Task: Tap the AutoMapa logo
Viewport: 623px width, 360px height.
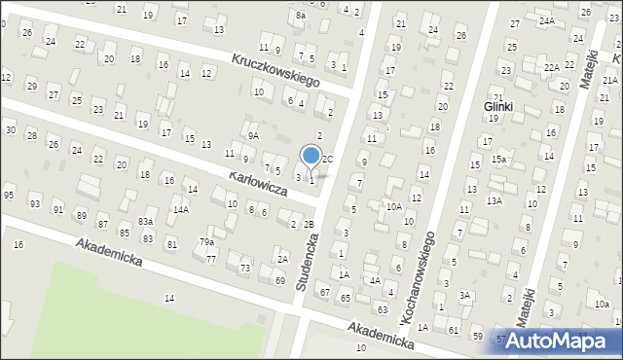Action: click(564, 341)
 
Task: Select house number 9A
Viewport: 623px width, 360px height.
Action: click(253, 136)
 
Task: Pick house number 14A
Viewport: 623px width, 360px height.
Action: click(181, 209)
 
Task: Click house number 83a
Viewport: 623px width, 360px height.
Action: click(145, 223)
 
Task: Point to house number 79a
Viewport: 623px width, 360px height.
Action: click(206, 241)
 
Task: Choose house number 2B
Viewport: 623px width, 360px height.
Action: click(309, 225)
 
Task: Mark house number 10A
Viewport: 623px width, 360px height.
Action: click(393, 206)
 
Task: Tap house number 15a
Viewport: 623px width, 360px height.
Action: click(498, 159)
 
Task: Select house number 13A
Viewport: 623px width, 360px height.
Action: click(495, 200)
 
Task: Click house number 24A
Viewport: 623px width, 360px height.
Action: click(547, 20)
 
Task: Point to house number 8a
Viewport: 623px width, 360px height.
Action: click(301, 16)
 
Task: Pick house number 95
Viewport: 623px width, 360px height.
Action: click(9, 196)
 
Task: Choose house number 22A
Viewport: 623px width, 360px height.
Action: click(551, 67)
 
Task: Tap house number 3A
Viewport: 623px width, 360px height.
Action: click(465, 295)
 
